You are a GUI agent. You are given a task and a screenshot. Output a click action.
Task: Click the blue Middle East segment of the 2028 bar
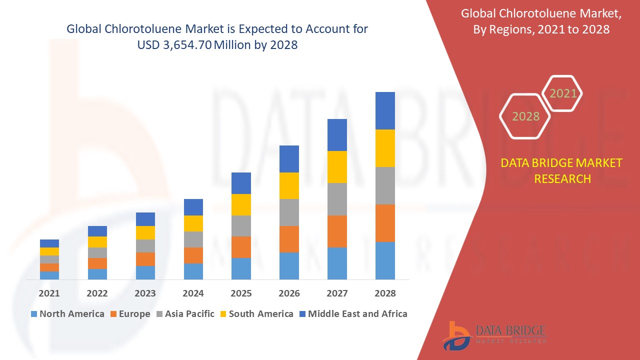point(385,110)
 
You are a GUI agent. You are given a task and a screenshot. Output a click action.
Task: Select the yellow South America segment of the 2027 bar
point(337,166)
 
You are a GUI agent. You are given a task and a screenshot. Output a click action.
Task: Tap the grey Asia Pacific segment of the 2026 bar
point(289,212)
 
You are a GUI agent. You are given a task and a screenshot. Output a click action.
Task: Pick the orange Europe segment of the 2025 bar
point(241,247)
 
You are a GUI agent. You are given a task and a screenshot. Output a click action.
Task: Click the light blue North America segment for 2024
point(193,271)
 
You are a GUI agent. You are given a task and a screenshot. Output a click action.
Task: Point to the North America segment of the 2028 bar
point(385,260)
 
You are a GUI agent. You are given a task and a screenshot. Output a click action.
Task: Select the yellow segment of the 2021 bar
point(49,251)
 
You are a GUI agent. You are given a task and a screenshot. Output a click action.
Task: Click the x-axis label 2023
point(145,293)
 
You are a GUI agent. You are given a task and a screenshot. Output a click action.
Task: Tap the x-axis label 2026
point(289,293)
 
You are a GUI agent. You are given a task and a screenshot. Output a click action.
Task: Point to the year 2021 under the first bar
point(49,293)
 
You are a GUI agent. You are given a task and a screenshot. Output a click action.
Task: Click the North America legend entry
point(67,314)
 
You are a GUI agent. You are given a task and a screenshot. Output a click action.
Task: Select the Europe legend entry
point(129,314)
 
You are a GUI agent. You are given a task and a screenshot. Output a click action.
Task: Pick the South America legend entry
point(256,314)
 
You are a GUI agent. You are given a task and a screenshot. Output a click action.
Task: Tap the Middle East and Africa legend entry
point(353,314)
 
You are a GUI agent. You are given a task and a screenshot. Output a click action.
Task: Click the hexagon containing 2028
point(525,116)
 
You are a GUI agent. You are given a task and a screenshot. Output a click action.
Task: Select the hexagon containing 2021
point(562,93)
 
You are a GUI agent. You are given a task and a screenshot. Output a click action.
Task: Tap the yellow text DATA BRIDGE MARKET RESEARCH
point(561,170)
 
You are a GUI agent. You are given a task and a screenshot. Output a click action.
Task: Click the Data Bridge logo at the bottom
point(493,335)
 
